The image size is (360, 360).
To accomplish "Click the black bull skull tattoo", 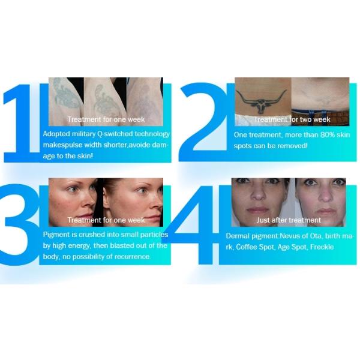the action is point(261,101).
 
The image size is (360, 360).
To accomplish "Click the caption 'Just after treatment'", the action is point(289,220).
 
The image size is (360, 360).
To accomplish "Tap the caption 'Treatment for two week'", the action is point(292,119).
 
